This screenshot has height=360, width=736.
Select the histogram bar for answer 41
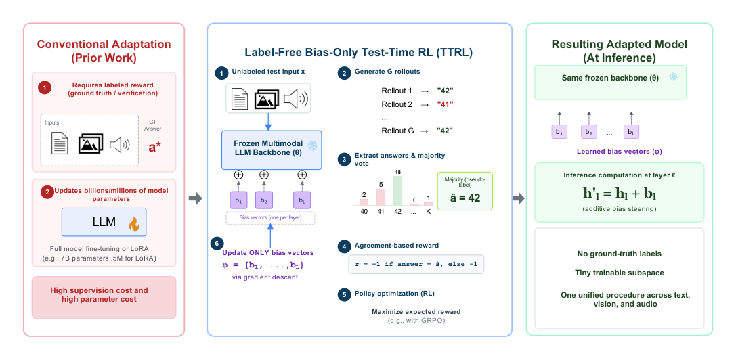(381, 197)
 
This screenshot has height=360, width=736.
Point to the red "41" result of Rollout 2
(445, 104)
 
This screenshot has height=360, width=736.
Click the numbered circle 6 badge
(216, 244)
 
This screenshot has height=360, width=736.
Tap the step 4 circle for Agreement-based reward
(344, 246)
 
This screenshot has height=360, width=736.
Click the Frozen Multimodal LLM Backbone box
(272, 150)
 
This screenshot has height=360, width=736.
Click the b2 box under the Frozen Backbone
(264, 200)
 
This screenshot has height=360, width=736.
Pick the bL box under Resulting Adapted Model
(631, 132)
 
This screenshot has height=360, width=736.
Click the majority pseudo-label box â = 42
(465, 191)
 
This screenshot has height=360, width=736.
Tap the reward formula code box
(416, 264)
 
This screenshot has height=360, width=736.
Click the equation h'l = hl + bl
(620, 194)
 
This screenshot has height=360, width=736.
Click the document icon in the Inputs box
(60, 142)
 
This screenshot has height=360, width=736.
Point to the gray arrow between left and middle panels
(195, 199)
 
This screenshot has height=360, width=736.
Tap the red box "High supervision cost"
(104, 298)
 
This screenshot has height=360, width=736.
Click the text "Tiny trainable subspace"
(619, 273)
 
